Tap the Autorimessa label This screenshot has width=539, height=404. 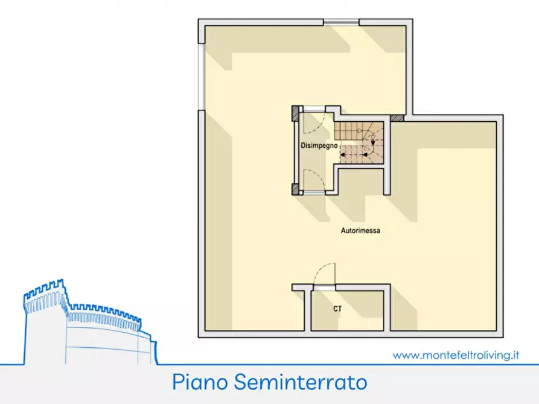click(x=360, y=230)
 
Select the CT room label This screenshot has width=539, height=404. click(x=337, y=309)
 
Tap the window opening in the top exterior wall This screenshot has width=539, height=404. click(x=341, y=22)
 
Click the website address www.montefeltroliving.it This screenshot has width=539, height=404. click(x=456, y=355)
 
